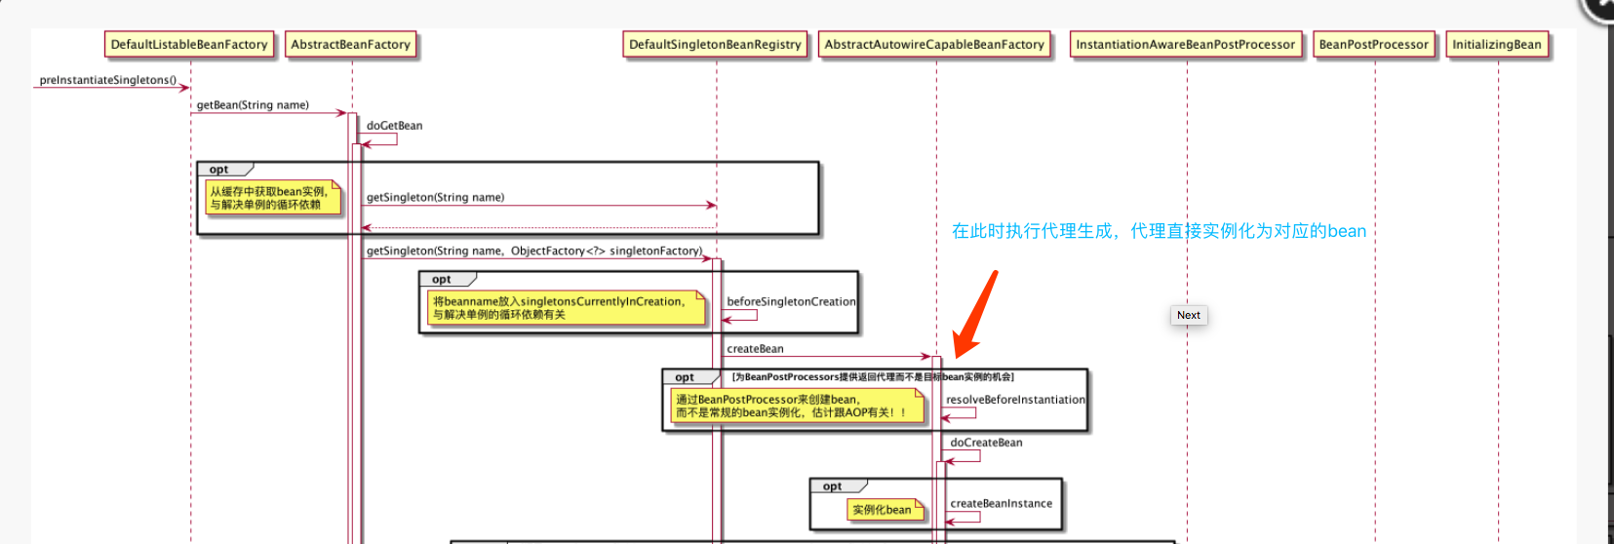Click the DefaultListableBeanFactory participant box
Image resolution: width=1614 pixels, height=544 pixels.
click(x=189, y=45)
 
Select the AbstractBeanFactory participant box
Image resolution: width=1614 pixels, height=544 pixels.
click(x=351, y=45)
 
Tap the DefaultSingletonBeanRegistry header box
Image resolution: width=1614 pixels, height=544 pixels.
click(x=715, y=45)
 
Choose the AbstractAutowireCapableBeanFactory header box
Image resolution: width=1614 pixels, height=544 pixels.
click(x=934, y=45)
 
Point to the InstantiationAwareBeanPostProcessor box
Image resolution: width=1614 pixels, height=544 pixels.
click(x=1185, y=45)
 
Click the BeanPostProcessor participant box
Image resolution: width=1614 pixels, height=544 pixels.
click(x=1373, y=45)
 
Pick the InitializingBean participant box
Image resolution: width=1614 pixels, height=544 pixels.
click(x=1496, y=45)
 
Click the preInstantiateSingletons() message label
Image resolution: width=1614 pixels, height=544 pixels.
click(x=108, y=80)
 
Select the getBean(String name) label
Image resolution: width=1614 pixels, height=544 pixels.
click(x=253, y=105)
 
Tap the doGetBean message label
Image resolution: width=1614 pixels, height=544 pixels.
click(x=394, y=126)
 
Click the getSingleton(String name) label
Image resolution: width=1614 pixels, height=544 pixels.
click(x=435, y=197)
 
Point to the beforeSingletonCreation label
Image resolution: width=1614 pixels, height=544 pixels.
click(x=791, y=302)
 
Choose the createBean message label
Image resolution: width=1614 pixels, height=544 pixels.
click(x=755, y=349)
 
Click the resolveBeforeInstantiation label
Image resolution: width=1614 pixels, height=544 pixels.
click(x=1015, y=400)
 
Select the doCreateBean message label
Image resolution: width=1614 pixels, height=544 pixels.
click(x=986, y=443)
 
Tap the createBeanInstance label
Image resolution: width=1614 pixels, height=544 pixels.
click(x=1001, y=504)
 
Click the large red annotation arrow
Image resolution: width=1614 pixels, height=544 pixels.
click(x=976, y=313)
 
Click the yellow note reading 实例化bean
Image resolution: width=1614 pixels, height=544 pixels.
click(x=883, y=510)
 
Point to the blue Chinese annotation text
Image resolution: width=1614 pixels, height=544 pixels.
click(x=1159, y=231)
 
